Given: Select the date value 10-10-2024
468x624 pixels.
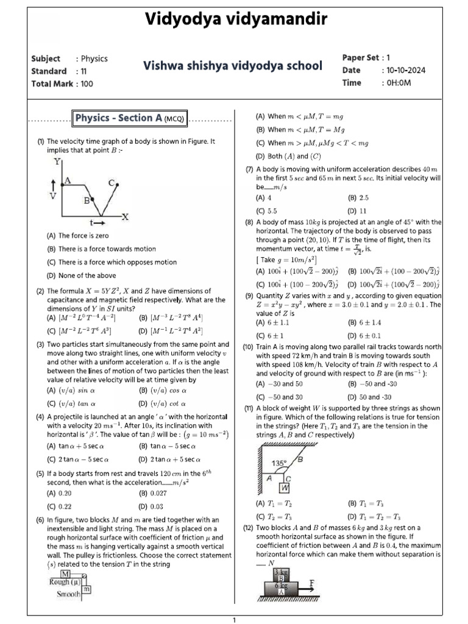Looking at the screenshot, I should click(403, 70).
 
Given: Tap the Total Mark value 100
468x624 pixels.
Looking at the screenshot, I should click(87, 83).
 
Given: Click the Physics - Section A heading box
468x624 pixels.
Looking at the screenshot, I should click(130, 118).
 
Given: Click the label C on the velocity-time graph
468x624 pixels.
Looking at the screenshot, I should click(112, 182).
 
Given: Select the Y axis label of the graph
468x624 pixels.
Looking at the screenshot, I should click(57, 161).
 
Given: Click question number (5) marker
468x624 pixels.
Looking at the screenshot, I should click(40, 473).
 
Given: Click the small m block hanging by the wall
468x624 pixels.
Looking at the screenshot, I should click(87, 589).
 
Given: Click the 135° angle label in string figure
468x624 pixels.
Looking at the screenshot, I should click(279, 463).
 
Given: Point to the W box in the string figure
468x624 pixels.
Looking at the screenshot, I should click(285, 488).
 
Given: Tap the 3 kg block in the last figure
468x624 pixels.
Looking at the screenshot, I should click(281, 572).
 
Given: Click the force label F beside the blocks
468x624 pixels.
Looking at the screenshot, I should click(312, 583).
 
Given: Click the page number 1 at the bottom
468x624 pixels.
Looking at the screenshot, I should click(234, 620).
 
